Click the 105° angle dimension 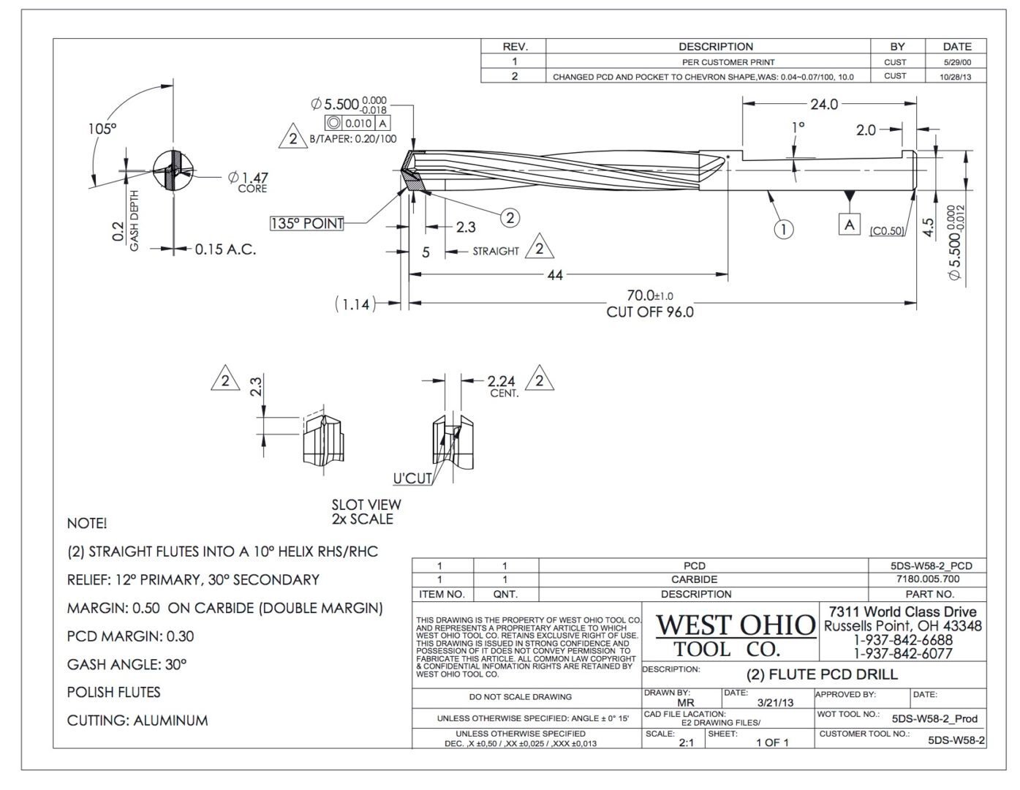[97, 129]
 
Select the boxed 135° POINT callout [307, 224]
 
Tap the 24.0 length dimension [823, 105]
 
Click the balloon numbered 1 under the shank [784, 230]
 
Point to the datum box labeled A [849, 225]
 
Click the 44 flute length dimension [555, 275]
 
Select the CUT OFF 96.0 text [649, 312]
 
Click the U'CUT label [412, 479]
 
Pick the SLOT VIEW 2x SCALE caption [366, 512]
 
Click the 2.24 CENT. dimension [502, 385]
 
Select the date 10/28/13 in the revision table [957, 76]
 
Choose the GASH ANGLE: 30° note [126, 665]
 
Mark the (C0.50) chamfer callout [887, 231]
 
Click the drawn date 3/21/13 [775, 702]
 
